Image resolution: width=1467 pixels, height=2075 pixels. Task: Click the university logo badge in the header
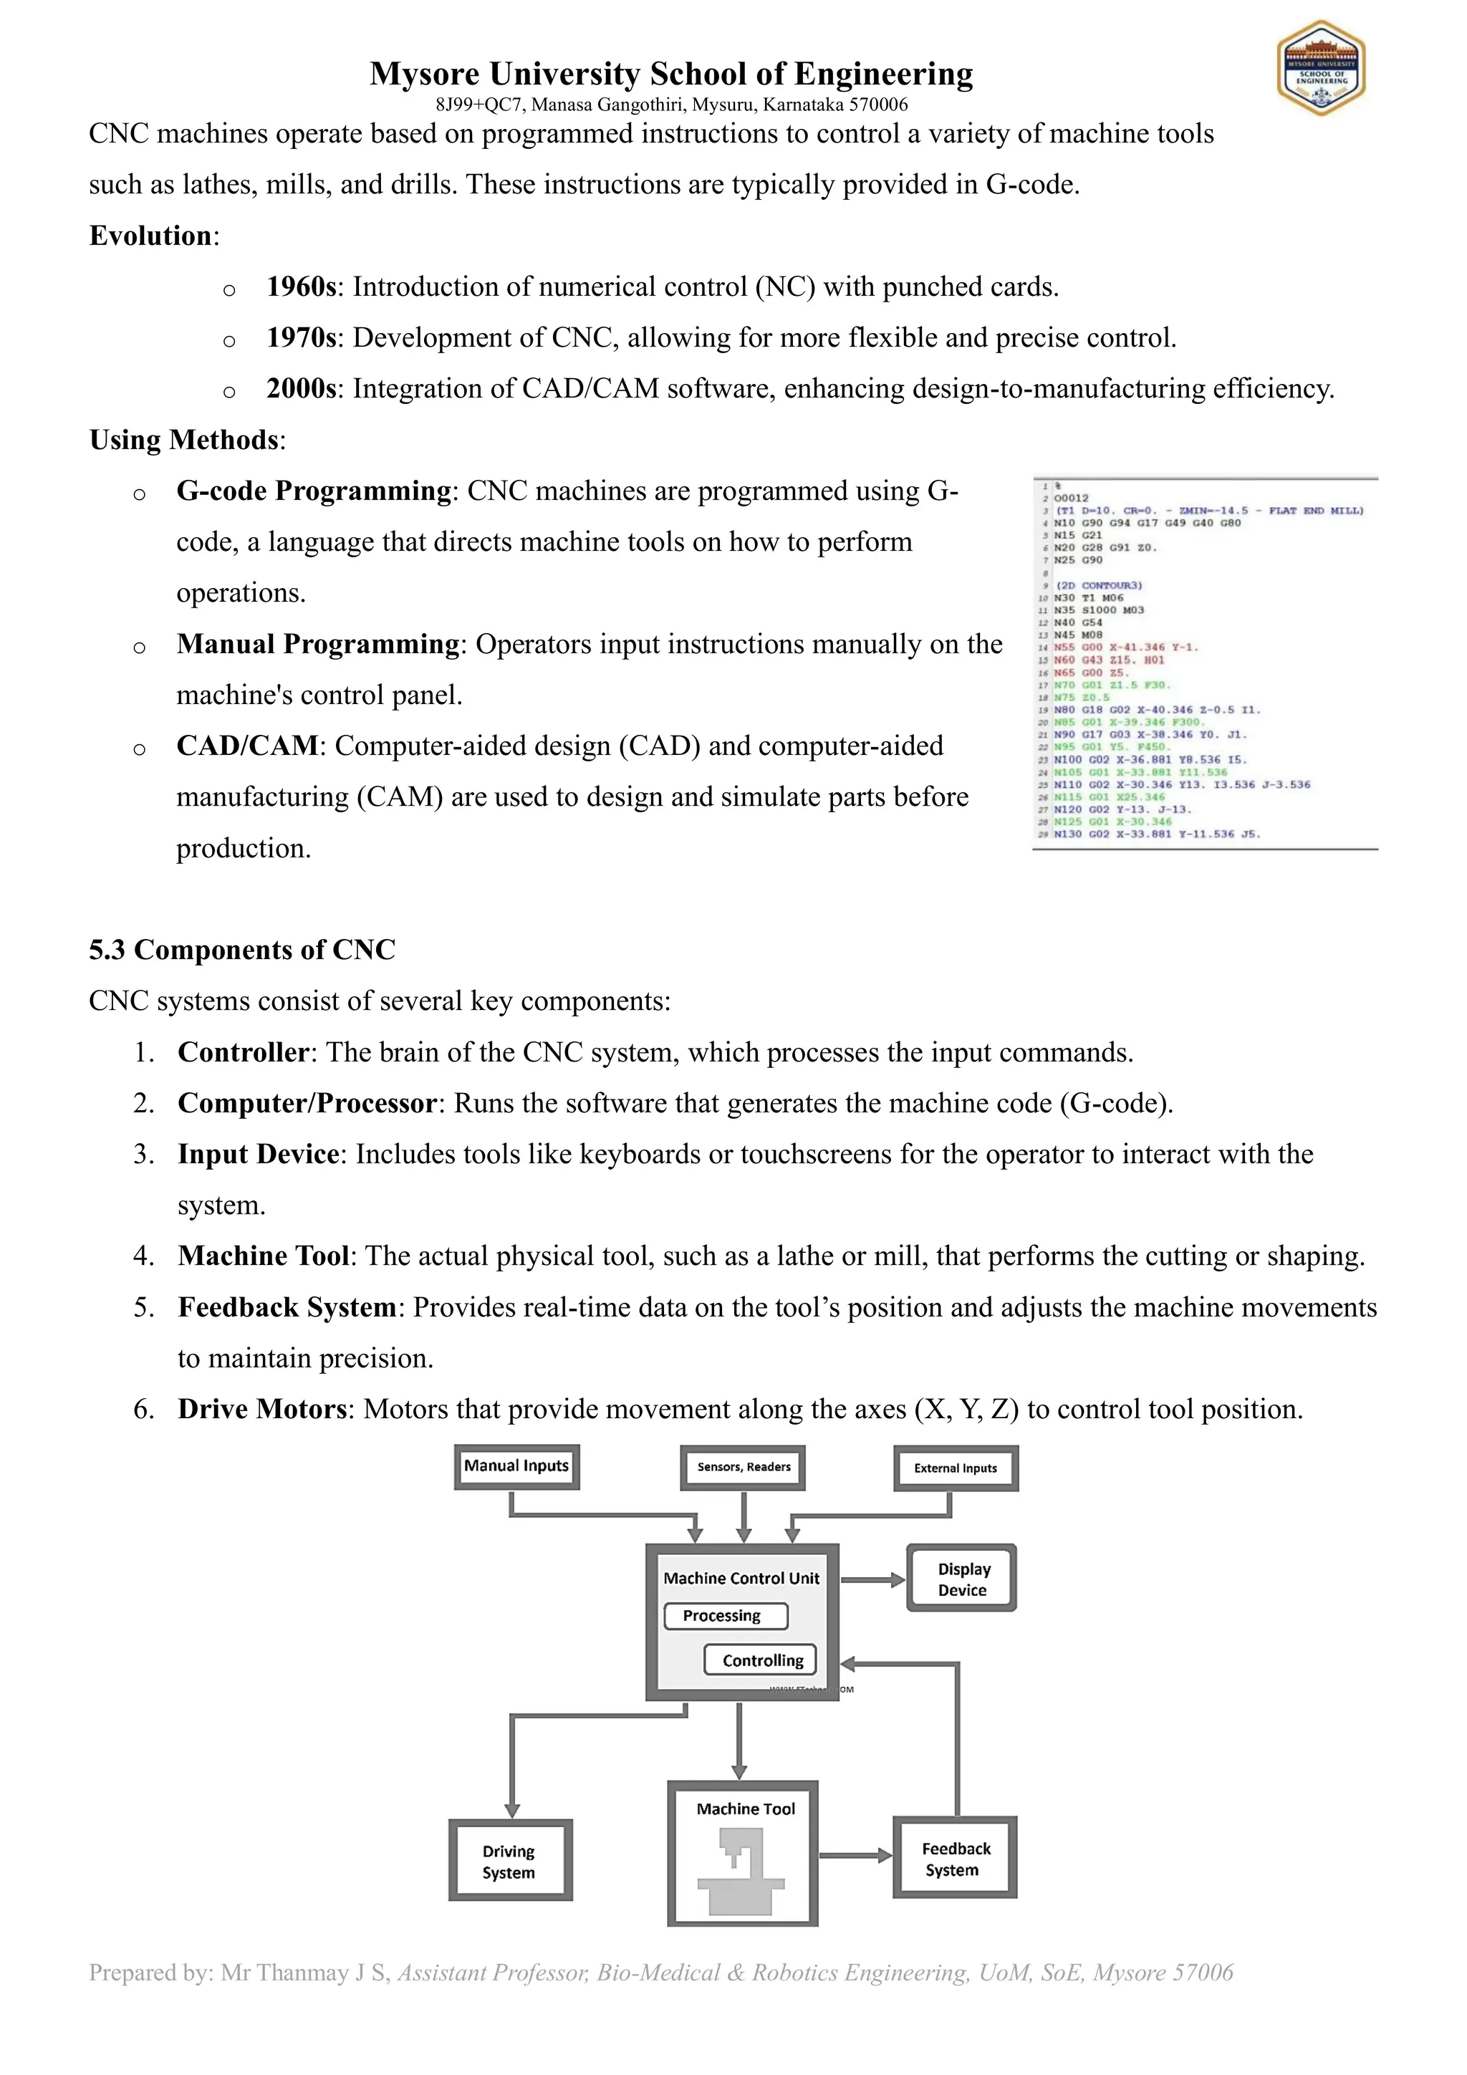pos(1321,68)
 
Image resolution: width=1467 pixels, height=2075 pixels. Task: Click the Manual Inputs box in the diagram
pos(516,1466)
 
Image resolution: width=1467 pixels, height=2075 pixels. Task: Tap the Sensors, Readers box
pos(743,1467)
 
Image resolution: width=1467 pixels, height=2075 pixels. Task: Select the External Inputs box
pos(956,1468)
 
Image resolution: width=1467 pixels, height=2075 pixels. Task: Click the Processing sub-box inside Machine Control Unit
pos(726,1615)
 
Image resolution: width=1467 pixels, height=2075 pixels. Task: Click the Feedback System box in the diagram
pos(955,1859)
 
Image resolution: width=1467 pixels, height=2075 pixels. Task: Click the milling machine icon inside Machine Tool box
pos(740,1871)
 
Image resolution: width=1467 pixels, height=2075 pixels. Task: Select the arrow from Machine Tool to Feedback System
pos(855,1855)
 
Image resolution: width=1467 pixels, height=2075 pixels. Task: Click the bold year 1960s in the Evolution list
pos(301,287)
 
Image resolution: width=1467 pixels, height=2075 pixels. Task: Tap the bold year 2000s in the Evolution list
pos(301,389)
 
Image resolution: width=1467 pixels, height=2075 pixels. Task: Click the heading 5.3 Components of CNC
pos(242,950)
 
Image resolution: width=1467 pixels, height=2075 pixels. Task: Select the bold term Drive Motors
pos(262,1409)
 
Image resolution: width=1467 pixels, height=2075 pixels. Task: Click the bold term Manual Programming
pos(318,645)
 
